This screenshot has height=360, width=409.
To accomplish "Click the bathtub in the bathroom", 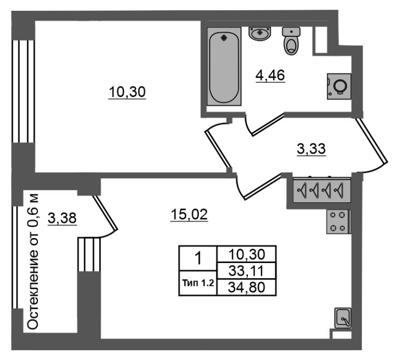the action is [x=224, y=66].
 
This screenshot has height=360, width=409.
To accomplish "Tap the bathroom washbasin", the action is [x=260, y=34].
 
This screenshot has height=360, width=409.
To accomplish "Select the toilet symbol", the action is [x=291, y=41].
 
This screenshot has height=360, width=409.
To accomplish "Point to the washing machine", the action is [x=339, y=86].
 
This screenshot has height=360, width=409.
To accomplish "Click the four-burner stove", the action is [x=338, y=222].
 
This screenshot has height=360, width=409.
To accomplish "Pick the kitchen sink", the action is [x=343, y=318].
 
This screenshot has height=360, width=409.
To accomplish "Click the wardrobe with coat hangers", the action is [x=322, y=190].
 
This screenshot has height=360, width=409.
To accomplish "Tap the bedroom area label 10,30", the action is [x=127, y=92].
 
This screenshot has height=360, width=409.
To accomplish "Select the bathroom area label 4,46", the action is [x=270, y=76].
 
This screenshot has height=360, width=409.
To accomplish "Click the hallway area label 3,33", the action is [x=311, y=149].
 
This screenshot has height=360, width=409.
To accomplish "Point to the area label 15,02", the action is [x=189, y=214].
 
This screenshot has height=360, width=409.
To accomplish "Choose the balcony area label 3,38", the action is [x=62, y=218].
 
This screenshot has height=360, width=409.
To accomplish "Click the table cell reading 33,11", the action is [x=246, y=271].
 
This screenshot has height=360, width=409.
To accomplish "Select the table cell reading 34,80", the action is [x=246, y=287].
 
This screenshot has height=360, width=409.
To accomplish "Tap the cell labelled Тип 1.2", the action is [x=198, y=283].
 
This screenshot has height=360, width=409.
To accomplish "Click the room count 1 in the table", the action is [x=198, y=258].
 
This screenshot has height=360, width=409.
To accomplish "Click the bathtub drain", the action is [x=224, y=38].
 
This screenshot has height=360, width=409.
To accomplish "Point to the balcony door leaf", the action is [x=105, y=213].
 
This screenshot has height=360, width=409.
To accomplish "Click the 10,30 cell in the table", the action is [x=246, y=254].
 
